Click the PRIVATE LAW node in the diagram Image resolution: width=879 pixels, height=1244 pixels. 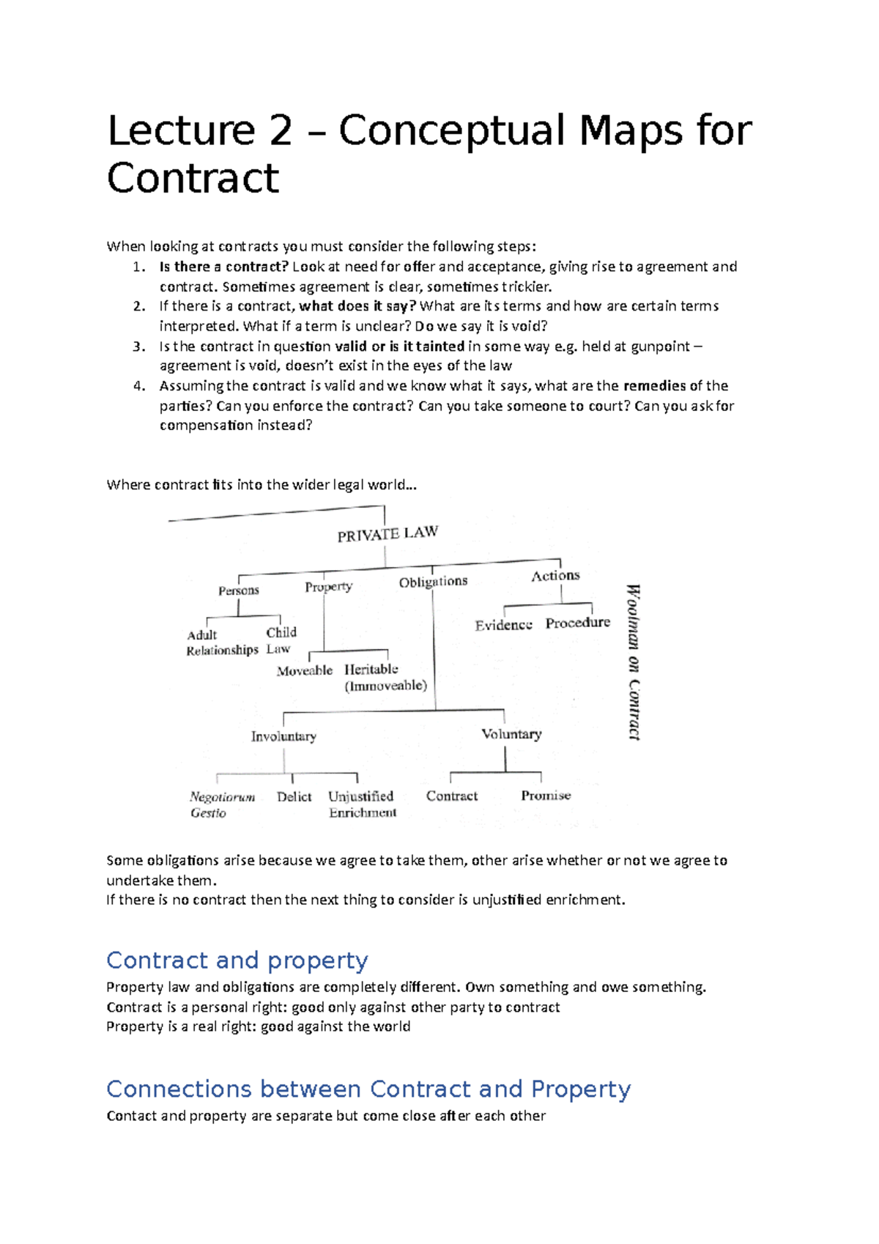(x=387, y=534)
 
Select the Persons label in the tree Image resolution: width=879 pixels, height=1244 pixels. (x=238, y=590)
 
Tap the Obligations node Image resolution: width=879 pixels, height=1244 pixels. (x=433, y=582)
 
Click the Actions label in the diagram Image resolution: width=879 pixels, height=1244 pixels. (x=555, y=576)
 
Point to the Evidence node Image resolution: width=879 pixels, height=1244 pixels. (x=503, y=625)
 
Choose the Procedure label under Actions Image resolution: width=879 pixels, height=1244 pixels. (x=577, y=623)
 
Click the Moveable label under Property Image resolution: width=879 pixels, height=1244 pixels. (x=304, y=670)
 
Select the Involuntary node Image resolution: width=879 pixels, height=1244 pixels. (x=283, y=736)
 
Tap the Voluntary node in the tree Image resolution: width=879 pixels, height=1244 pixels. (x=511, y=734)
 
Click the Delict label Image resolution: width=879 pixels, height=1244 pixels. (x=294, y=796)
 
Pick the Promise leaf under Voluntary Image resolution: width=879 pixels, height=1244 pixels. (x=546, y=796)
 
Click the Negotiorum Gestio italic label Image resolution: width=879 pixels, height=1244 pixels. (x=221, y=804)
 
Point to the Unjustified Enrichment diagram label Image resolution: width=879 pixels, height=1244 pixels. (x=362, y=804)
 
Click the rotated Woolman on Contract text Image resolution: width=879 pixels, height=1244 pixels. (x=634, y=662)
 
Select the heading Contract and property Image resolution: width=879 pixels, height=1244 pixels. (x=237, y=960)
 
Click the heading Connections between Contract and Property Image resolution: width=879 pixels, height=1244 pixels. (x=368, y=1089)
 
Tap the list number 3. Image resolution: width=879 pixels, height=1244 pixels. (x=139, y=347)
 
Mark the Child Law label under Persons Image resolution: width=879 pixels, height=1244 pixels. (x=281, y=640)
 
